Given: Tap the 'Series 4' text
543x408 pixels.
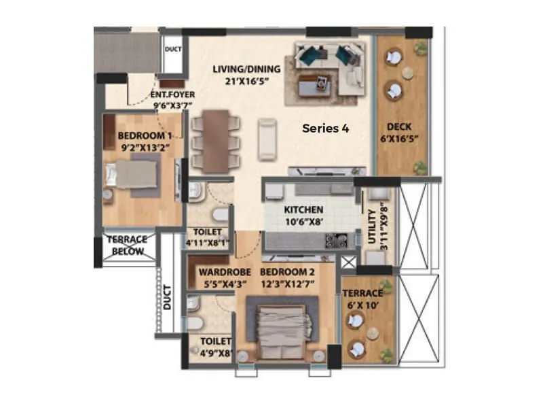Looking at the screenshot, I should coord(325,128).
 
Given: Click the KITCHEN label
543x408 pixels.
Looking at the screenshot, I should coord(303,210).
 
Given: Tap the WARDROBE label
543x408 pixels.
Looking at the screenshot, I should coord(216,273).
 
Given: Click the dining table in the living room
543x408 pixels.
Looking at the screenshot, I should coord(216,141).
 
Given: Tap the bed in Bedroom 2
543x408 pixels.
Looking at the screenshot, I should coord(284,330).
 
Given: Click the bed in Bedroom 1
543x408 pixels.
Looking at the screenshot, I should coord(136,173).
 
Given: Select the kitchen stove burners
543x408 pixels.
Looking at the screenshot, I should coord(335,240).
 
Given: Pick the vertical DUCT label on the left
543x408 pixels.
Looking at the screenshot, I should coord(168,297).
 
